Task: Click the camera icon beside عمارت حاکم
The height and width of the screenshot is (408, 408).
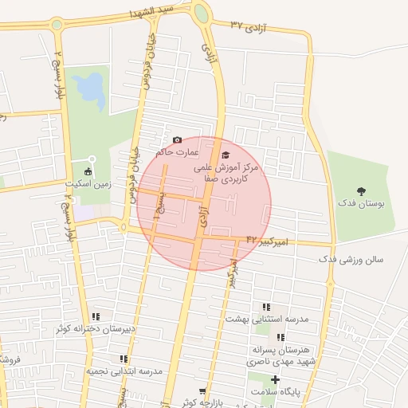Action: point(177,139)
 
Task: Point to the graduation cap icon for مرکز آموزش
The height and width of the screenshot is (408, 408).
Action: point(226,155)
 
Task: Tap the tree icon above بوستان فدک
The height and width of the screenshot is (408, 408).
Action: point(362,190)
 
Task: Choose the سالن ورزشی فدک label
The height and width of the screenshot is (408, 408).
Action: point(351,260)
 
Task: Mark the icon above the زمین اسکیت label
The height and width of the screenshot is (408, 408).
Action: point(88,171)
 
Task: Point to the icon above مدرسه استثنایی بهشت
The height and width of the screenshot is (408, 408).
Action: point(265,307)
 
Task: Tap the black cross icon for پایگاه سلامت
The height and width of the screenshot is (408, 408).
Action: point(275,379)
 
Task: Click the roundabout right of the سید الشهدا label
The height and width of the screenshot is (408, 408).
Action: point(201,14)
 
